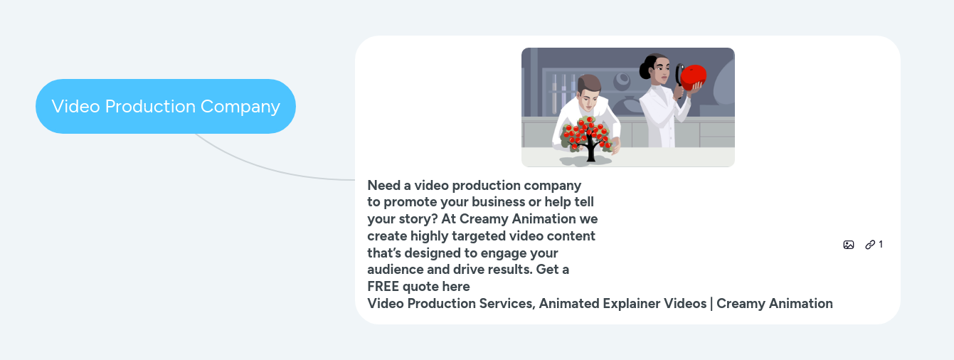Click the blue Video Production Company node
click(166, 106)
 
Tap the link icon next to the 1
click(870, 245)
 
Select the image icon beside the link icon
click(849, 245)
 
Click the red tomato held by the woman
click(693, 77)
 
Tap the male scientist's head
click(589, 91)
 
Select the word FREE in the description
click(383, 286)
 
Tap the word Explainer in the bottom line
click(630, 303)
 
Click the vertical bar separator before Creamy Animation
click(711, 304)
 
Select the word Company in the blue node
click(240, 107)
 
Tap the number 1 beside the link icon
click(881, 245)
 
